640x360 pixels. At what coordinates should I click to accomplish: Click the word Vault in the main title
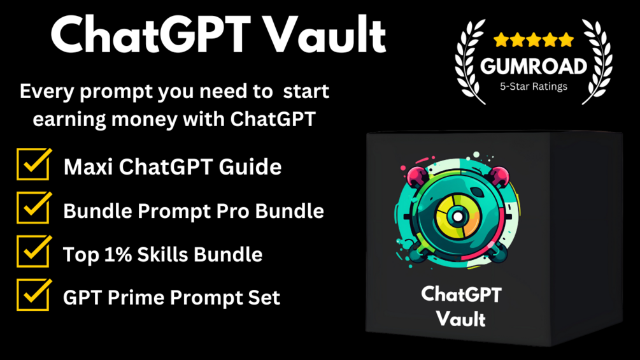pyautogui.click(x=324, y=34)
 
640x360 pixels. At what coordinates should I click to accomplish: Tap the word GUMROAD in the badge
pyautogui.click(x=534, y=66)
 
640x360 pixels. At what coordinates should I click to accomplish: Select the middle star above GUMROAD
pyautogui.click(x=534, y=40)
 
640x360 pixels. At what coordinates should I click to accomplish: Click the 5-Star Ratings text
pyautogui.click(x=534, y=87)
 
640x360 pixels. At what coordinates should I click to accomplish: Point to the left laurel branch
pyautogui.click(x=470, y=61)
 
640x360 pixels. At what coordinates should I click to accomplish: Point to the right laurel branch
pyautogui.click(x=597, y=61)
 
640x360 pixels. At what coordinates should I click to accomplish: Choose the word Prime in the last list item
pyautogui.click(x=136, y=298)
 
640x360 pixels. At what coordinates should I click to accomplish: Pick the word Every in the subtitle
pyautogui.click(x=47, y=91)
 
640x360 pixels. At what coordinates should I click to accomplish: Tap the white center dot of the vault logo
pyautogui.click(x=457, y=217)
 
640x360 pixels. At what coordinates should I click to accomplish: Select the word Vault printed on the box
pyautogui.click(x=461, y=319)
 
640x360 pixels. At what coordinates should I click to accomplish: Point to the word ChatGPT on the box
pyautogui.click(x=461, y=294)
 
